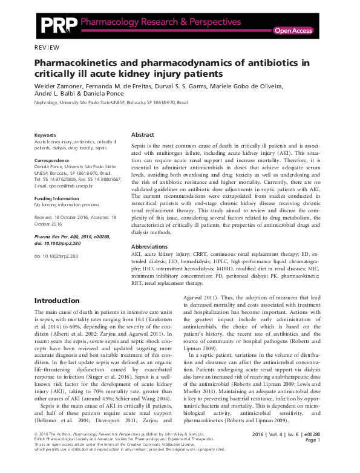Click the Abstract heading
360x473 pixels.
(x=143, y=134)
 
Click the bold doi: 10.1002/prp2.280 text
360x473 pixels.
(x=62, y=242)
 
